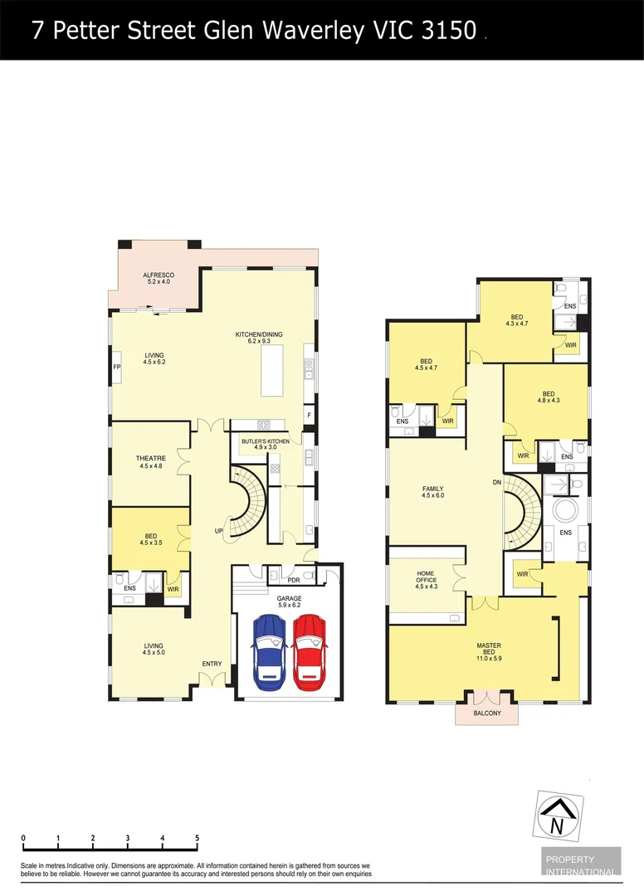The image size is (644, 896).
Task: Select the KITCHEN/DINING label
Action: click(259, 334)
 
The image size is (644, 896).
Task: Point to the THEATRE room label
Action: click(151, 459)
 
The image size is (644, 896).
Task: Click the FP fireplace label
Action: click(117, 366)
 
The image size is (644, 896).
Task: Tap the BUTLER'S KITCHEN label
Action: click(266, 441)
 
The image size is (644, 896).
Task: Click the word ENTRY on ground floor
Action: click(212, 663)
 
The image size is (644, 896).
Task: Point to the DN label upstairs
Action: click(496, 481)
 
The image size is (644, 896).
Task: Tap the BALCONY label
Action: click(488, 713)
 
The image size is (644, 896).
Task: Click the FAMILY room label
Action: click(432, 489)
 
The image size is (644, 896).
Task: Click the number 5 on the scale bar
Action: click(197, 838)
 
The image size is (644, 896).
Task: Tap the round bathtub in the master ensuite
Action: click(565, 509)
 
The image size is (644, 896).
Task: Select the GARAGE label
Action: click(289, 597)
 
